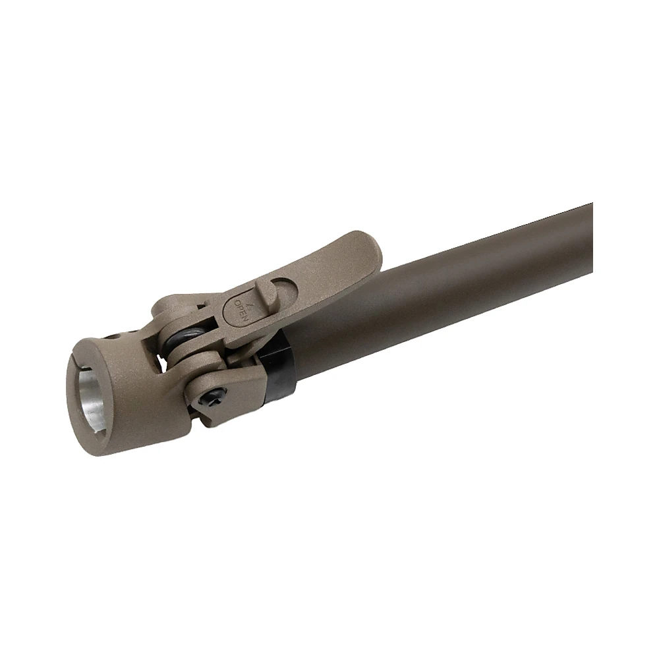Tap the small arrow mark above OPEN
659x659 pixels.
tap(251, 306)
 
